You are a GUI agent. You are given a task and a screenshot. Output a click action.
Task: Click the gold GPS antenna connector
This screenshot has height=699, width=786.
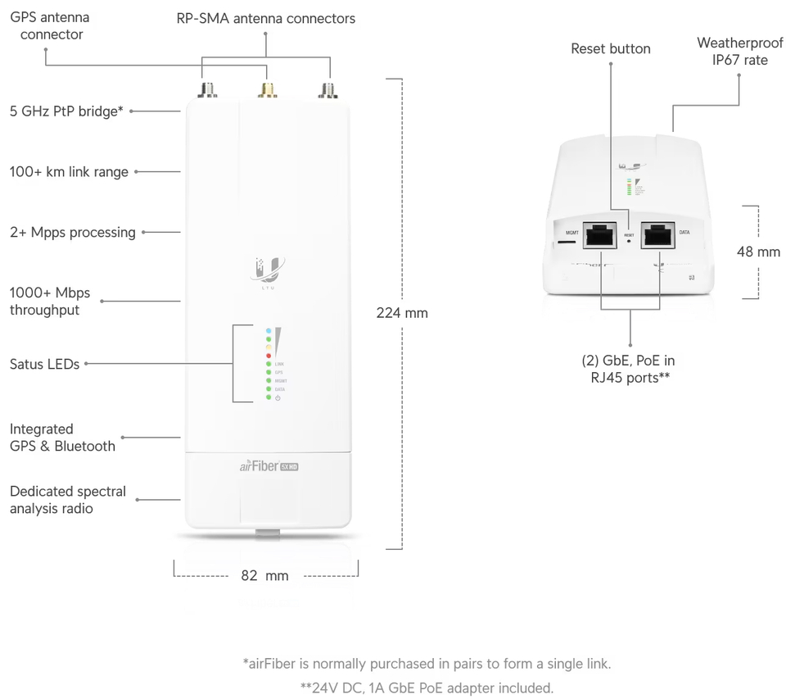pyautogui.click(x=267, y=91)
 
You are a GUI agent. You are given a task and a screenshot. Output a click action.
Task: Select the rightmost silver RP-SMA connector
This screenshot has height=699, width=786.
pyautogui.click(x=329, y=91)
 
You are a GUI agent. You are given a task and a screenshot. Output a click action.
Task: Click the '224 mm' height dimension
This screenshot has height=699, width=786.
pyautogui.click(x=402, y=312)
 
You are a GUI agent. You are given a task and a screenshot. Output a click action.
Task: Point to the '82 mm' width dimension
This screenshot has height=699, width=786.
pyautogui.click(x=264, y=575)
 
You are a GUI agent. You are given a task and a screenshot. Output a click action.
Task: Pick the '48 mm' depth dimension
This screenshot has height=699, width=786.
pyautogui.click(x=758, y=252)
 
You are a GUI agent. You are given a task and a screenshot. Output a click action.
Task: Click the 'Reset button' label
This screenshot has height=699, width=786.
pyautogui.click(x=610, y=49)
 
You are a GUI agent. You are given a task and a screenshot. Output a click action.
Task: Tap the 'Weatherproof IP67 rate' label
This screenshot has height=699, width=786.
pyautogui.click(x=739, y=51)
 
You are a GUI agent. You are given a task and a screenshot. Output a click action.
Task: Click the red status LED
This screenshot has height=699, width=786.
pyautogui.click(x=268, y=356)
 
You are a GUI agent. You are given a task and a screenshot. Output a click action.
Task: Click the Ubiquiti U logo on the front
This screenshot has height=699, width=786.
pyautogui.click(x=268, y=268)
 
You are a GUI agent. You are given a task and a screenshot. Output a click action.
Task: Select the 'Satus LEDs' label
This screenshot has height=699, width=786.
pyautogui.click(x=44, y=364)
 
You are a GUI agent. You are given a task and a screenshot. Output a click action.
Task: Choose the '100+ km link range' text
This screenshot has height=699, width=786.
pyautogui.click(x=69, y=172)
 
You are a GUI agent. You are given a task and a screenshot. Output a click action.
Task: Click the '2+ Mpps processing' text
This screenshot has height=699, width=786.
pyautogui.click(x=73, y=233)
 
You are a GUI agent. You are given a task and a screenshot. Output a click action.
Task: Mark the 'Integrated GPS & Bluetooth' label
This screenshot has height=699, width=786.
pyautogui.click(x=62, y=438)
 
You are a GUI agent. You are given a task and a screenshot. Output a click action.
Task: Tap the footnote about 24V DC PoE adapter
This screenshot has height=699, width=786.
pyautogui.click(x=427, y=688)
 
